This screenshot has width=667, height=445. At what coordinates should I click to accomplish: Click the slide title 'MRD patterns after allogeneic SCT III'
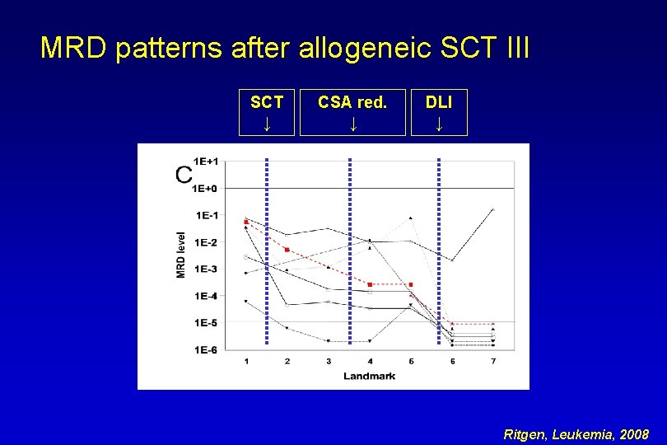285,48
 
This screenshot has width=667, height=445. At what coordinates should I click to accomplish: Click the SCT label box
267,112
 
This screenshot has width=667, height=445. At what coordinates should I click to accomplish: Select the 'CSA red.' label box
352,112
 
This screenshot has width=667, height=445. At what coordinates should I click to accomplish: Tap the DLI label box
438,112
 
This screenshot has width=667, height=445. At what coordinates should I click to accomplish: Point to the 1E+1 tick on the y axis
206,161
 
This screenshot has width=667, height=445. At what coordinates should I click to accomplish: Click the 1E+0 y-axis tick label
206,188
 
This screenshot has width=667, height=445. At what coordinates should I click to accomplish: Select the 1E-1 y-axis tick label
206,215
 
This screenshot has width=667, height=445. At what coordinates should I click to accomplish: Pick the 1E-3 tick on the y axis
206,269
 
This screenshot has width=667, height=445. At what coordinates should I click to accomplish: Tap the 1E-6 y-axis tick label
206,349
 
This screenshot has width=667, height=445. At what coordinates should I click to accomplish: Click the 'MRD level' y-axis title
181,254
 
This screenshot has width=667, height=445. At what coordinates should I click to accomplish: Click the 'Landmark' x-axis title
369,376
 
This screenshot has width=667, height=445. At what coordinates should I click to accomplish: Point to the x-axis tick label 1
246,361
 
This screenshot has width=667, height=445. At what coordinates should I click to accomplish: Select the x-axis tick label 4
370,361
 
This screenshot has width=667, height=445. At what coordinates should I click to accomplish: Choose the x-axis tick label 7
492,361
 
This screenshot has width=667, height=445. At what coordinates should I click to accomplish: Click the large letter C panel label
184,175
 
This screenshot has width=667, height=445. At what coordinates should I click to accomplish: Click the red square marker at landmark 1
246,222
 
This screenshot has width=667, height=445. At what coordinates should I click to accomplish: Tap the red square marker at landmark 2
287,249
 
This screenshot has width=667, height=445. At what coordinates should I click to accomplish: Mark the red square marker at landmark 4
370,284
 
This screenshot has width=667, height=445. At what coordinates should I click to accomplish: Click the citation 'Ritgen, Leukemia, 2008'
576,433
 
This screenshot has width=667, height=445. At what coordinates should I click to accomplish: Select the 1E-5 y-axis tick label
206,322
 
